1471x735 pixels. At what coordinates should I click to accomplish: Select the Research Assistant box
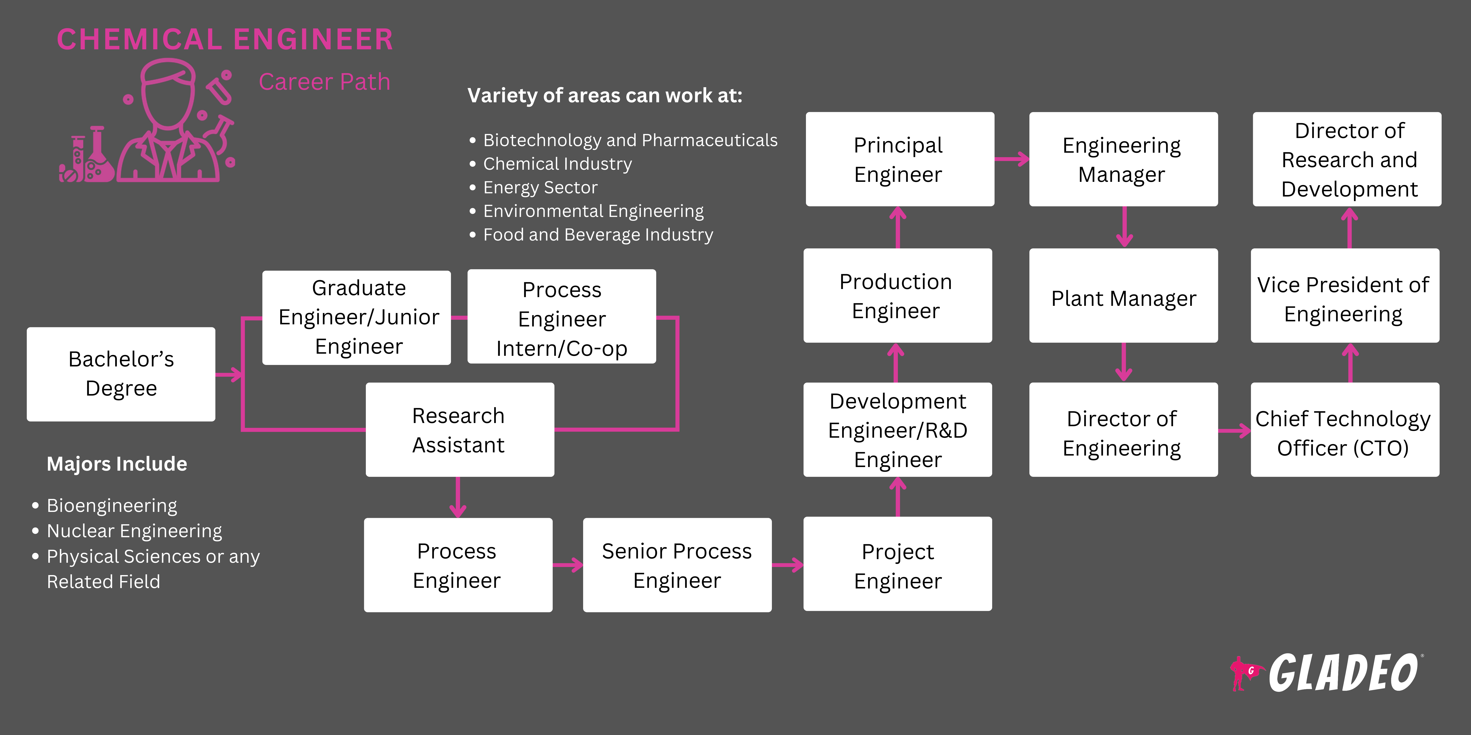459,430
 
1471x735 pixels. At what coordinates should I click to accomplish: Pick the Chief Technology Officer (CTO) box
1344,430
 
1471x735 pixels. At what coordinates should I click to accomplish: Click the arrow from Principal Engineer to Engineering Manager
1012,159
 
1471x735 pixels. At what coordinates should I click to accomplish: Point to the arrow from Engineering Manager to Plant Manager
1124,227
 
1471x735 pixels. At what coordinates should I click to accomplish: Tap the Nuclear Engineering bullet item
134,531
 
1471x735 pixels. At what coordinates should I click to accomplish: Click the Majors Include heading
117,464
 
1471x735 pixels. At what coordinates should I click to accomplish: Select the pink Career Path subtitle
324,82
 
